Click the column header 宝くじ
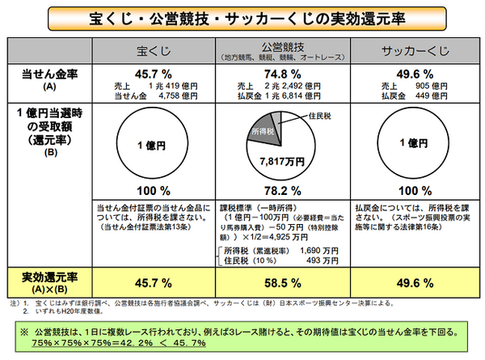pos(155,52)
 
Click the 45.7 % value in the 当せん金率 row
pos(154,74)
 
